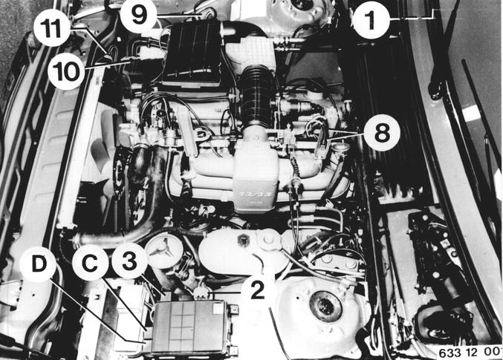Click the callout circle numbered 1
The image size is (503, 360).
(371, 20)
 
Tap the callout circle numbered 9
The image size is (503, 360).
(138, 14)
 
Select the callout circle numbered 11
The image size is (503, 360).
(52, 29)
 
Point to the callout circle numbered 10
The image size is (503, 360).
(66, 71)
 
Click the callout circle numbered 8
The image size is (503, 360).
(382, 132)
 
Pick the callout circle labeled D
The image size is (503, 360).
(38, 264)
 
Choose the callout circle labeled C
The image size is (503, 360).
(90, 263)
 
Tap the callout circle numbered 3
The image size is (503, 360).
(129, 261)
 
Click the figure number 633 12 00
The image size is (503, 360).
(469, 353)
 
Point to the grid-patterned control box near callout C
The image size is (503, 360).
(191, 328)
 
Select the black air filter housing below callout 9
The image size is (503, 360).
(192, 53)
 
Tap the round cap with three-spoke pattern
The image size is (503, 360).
(164, 250)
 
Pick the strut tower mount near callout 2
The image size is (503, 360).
(325, 306)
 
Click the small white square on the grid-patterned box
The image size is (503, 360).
(218, 308)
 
